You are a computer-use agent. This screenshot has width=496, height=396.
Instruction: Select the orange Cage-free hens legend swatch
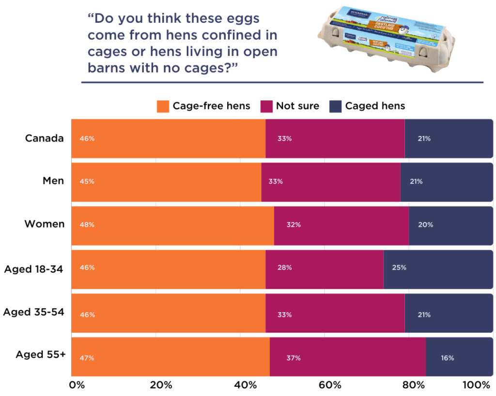(163, 106)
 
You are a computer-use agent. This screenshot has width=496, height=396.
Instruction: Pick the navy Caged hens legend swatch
(336, 106)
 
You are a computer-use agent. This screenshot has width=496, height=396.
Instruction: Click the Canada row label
(45, 138)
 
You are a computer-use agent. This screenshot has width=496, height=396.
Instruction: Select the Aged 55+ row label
(41, 354)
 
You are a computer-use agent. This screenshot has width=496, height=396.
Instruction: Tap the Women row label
(45, 224)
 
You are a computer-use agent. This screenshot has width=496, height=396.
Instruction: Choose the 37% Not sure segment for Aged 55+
(347, 357)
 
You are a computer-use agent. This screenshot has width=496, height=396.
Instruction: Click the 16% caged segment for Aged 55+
(459, 357)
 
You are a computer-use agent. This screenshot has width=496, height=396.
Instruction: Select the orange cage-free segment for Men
(166, 182)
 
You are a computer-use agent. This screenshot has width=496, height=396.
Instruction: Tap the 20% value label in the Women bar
(426, 225)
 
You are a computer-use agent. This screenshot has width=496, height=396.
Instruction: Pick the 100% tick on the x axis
(477, 385)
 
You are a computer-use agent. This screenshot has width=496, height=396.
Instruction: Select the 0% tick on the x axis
(77, 385)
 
